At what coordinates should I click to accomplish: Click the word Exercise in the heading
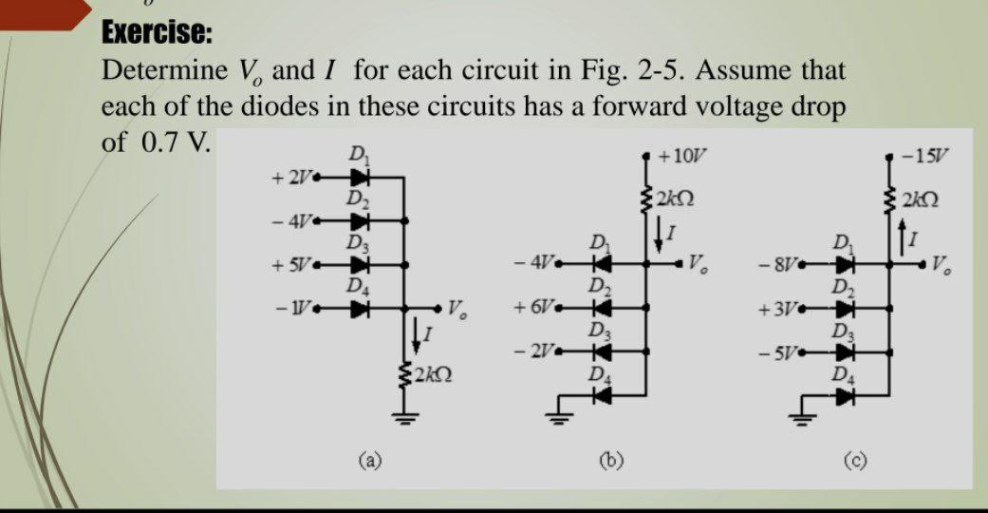point(157,33)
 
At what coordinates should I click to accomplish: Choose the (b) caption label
point(608,463)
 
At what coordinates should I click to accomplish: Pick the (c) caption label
point(851,463)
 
